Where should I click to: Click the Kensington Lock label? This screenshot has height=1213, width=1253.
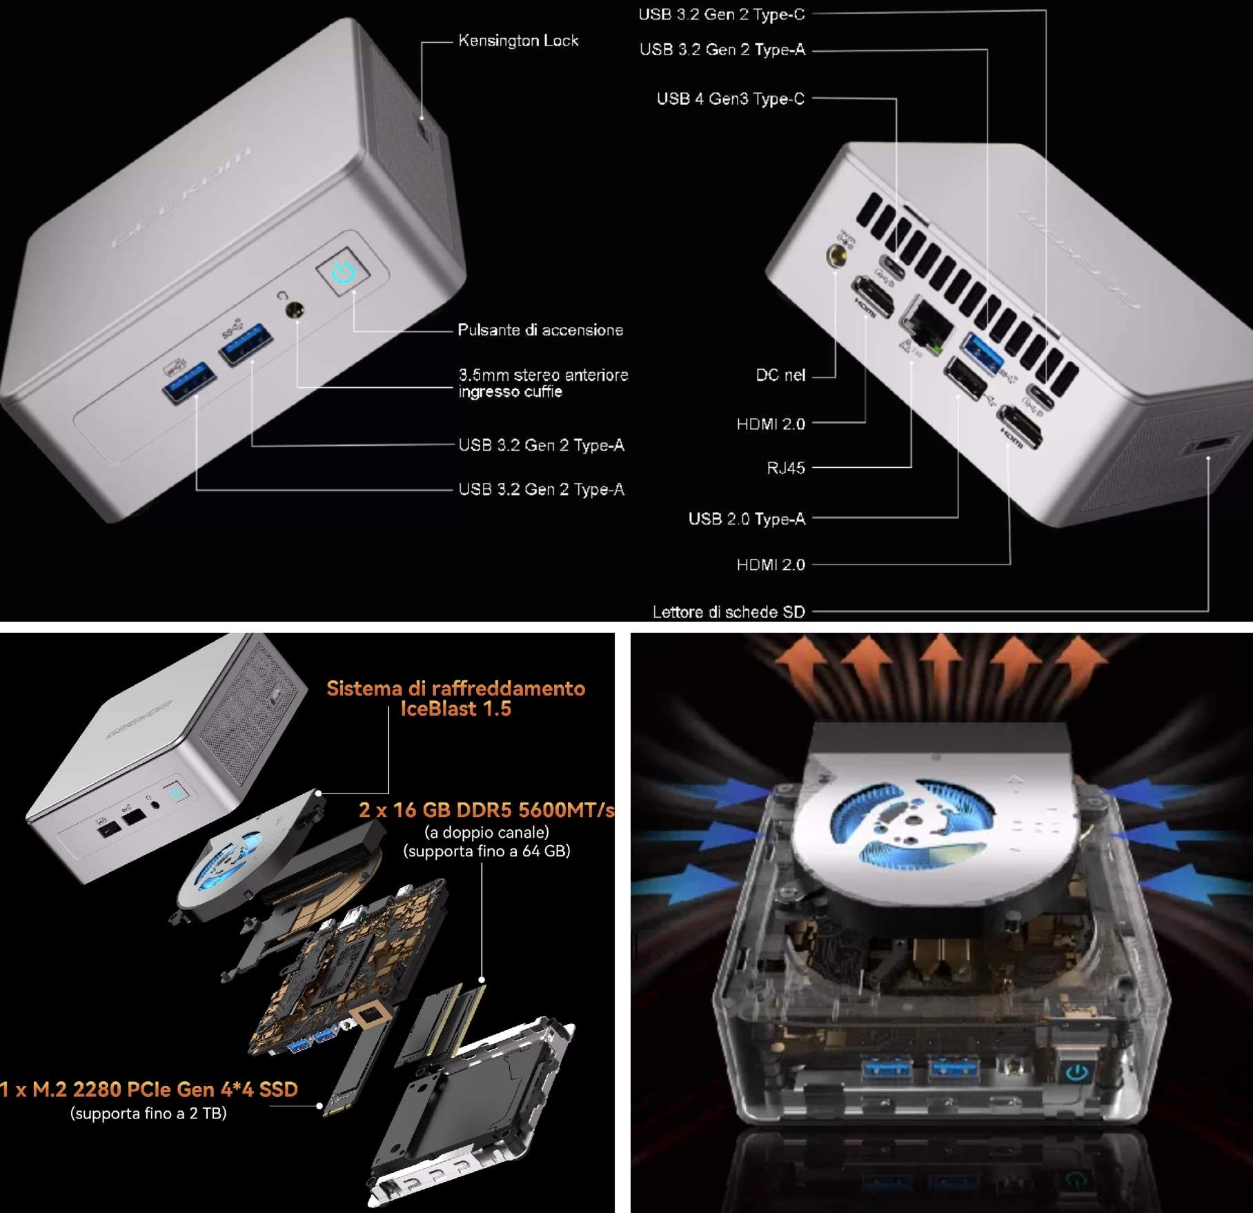click(518, 41)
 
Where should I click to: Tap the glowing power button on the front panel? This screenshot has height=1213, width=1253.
click(343, 272)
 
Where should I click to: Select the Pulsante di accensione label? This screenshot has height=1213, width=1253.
click(540, 331)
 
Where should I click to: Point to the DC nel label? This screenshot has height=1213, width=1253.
click(780, 375)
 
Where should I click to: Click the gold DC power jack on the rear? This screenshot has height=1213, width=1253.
click(839, 256)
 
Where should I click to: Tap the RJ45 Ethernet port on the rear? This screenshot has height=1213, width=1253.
click(925, 322)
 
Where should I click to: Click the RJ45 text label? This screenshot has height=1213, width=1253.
click(786, 469)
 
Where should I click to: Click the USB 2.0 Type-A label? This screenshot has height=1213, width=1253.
click(747, 519)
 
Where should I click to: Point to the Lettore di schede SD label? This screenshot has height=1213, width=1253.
click(729, 612)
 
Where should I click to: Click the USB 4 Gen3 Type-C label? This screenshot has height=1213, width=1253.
click(730, 99)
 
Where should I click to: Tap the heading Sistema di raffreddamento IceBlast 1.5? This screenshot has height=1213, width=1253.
click(455, 698)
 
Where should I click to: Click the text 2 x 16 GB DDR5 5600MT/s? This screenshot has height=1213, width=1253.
click(486, 810)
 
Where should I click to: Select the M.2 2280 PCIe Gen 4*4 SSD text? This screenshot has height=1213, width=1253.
click(150, 1089)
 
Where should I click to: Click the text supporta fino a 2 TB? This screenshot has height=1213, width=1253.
click(148, 1113)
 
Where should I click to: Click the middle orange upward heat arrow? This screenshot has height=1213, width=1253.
click(940, 659)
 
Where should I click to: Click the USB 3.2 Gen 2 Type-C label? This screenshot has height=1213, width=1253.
click(721, 14)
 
